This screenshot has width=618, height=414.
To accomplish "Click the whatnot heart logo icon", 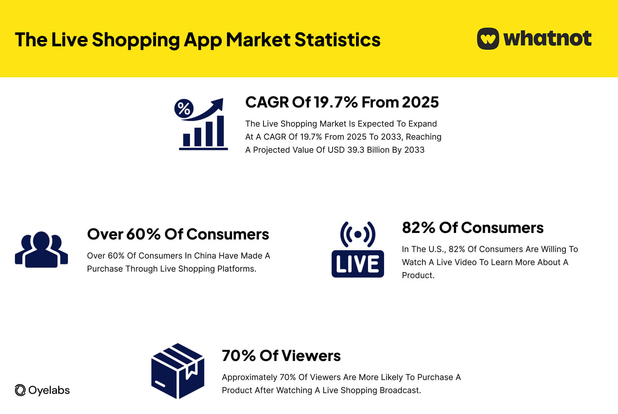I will pyautogui.click(x=488, y=38).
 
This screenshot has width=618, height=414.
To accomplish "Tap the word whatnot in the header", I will pyautogui.click(x=547, y=38).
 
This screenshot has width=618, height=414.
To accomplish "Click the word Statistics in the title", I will pyautogui.click(x=337, y=40).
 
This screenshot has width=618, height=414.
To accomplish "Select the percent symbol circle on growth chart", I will pyautogui.click(x=184, y=109).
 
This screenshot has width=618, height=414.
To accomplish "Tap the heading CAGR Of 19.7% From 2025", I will pyautogui.click(x=342, y=102).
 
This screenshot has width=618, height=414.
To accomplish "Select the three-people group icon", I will pyautogui.click(x=41, y=249).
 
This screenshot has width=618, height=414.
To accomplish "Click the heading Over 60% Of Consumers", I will pyautogui.click(x=178, y=234).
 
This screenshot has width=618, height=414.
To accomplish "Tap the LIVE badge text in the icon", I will pyautogui.click(x=358, y=264).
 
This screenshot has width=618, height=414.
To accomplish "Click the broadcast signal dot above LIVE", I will pyautogui.click(x=358, y=234).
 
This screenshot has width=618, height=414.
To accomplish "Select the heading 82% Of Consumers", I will pyautogui.click(x=472, y=228).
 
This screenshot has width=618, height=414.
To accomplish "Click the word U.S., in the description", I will pyautogui.click(x=435, y=249).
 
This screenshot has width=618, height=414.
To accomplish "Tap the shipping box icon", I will pyautogui.click(x=178, y=371).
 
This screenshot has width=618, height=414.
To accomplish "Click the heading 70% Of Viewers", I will pyautogui.click(x=281, y=356).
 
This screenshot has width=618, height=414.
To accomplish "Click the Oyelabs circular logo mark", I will pyautogui.click(x=20, y=390).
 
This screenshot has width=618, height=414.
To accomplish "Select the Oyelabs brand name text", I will pyautogui.click(x=49, y=390).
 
